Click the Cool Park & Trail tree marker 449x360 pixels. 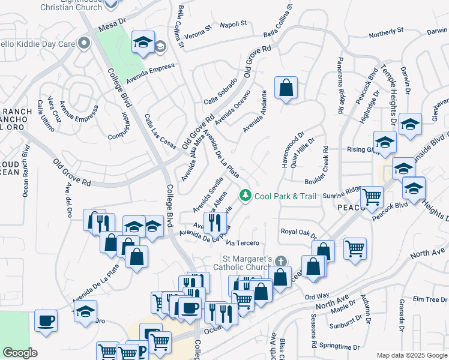pos(245,196)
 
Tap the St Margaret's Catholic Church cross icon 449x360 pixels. pos(280,261)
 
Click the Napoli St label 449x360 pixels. pos(233,24)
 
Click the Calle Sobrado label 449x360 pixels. pos(220,91)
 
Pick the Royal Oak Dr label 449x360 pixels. pos(298,232)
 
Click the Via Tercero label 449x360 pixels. pos(243,242)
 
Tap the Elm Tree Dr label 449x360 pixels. pos(426,299)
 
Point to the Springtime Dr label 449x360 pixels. pos(340,347)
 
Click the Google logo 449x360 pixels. pos(20,352)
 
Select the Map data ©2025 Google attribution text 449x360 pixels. pos(411,355)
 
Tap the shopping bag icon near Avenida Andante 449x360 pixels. pos(286,88)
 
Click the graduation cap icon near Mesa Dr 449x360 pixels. pos(143,42)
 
